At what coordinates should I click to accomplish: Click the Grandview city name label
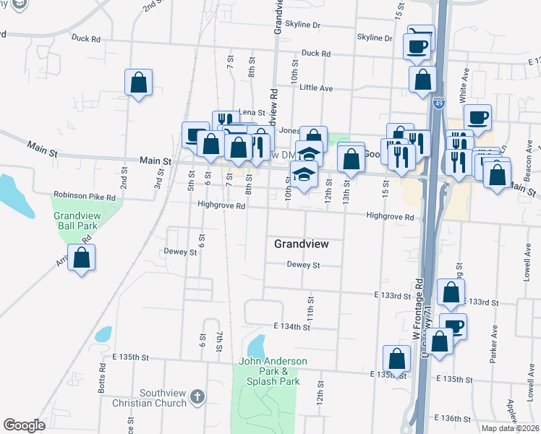302,244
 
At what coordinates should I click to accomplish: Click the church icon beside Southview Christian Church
198,396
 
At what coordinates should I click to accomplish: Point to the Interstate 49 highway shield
439,104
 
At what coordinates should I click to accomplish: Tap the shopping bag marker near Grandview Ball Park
82,258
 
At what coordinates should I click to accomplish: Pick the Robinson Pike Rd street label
85,196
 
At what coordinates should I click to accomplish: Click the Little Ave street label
316,88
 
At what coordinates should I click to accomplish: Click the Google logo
24,425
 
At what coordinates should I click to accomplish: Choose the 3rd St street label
158,178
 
